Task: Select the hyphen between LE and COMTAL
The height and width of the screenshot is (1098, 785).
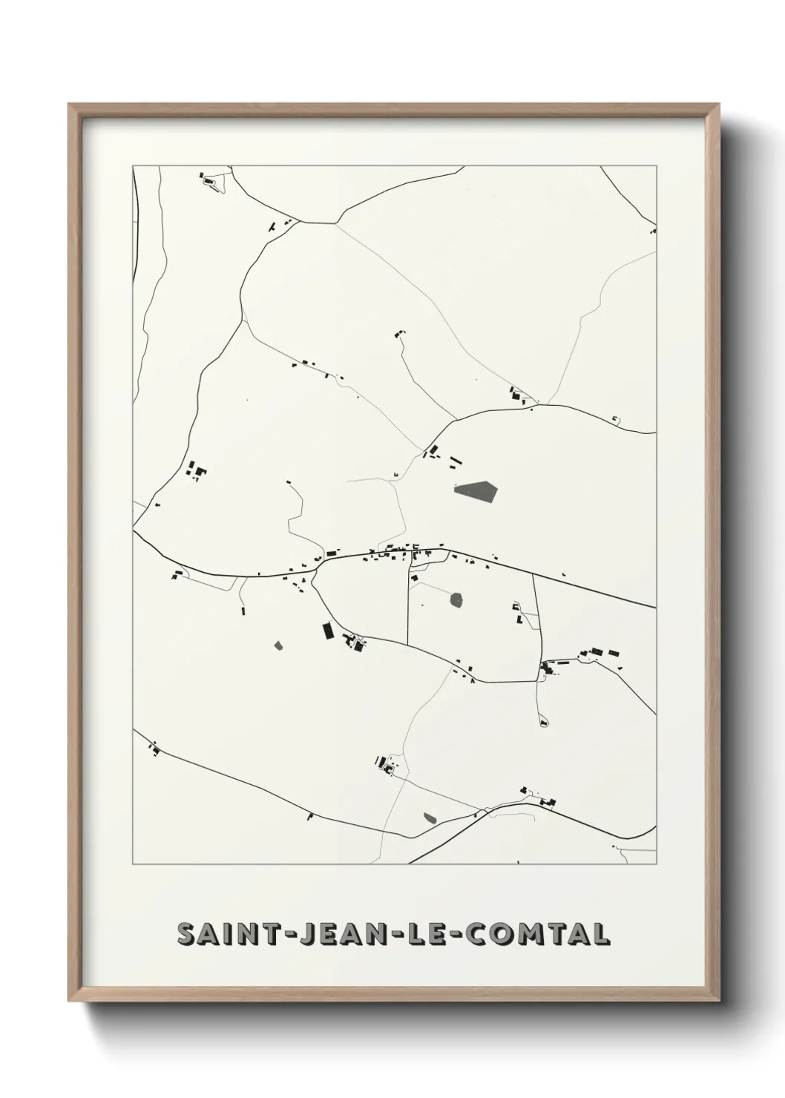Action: (x=447, y=935)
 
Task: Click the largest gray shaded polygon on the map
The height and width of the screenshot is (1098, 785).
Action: (x=476, y=491)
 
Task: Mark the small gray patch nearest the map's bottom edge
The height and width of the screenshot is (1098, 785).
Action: (x=430, y=818)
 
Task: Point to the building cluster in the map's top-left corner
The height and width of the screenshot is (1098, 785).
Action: (x=208, y=180)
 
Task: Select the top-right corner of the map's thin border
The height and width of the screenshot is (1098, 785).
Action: (x=656, y=165)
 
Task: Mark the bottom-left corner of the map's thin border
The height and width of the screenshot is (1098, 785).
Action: (x=133, y=864)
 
